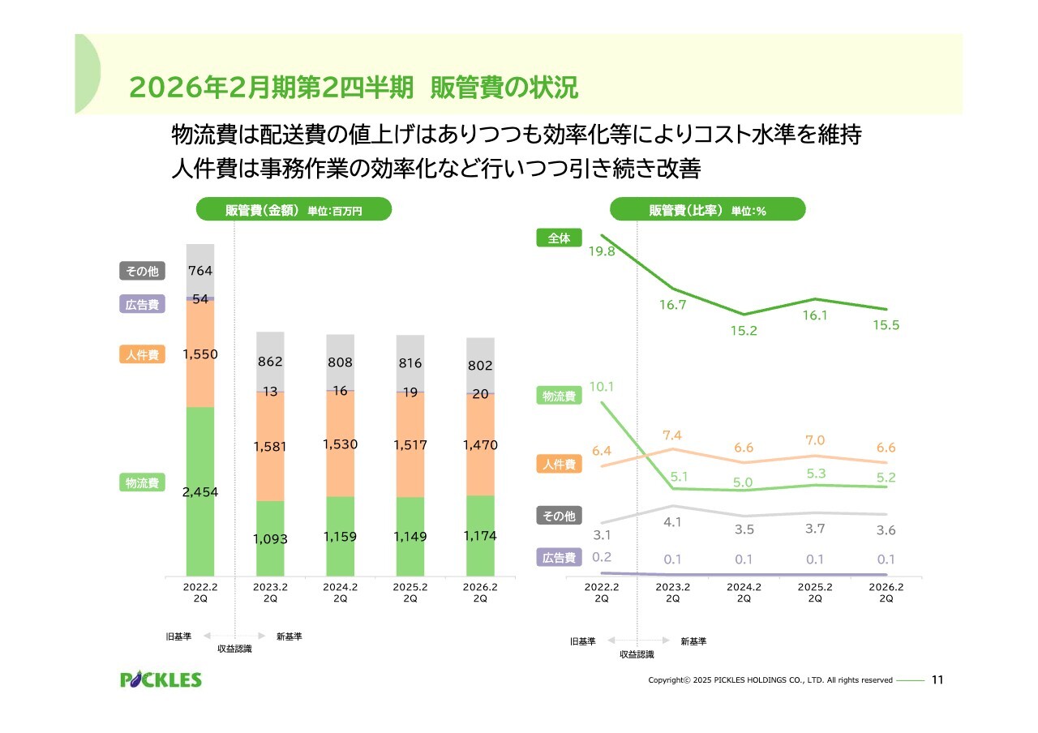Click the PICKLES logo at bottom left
tap(161, 679)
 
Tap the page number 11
tap(938, 679)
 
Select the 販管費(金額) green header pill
tap(294, 210)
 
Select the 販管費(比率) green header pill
tap(707, 210)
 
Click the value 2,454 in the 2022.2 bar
tap(200, 492)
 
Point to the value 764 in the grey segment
tap(200, 270)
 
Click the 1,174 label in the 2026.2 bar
tap(480, 536)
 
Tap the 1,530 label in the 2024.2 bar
tap(340, 444)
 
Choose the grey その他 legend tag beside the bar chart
tap(142, 271)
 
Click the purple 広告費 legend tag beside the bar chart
tap(142, 305)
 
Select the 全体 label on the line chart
tap(559, 238)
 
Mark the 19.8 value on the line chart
tap(603, 251)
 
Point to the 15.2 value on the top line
tap(744, 331)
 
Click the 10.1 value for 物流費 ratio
tap(601, 387)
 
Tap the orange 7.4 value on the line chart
tap(671, 435)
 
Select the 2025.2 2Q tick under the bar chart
tap(410, 593)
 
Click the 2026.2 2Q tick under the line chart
tap(886, 593)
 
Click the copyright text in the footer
tap(770, 680)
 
